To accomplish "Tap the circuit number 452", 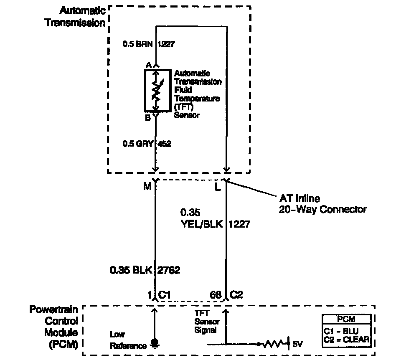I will coord(164,144).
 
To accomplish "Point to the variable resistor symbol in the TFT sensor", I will coord(155,91).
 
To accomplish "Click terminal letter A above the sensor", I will coord(148,65).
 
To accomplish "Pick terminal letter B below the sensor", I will coord(147,118).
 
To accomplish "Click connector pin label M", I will coord(147,187).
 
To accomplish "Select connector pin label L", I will coord(218,187).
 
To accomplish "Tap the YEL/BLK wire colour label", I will coord(201,224).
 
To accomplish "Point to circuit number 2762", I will coord(169,270).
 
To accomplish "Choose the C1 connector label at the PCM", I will coord(165,295).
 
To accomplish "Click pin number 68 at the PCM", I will coord(216,295).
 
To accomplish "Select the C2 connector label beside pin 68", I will coord(236,295).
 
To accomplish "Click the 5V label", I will coord(297,344).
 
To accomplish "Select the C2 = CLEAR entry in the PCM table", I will coord(346,339).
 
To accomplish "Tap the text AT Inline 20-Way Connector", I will coord(322,204).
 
